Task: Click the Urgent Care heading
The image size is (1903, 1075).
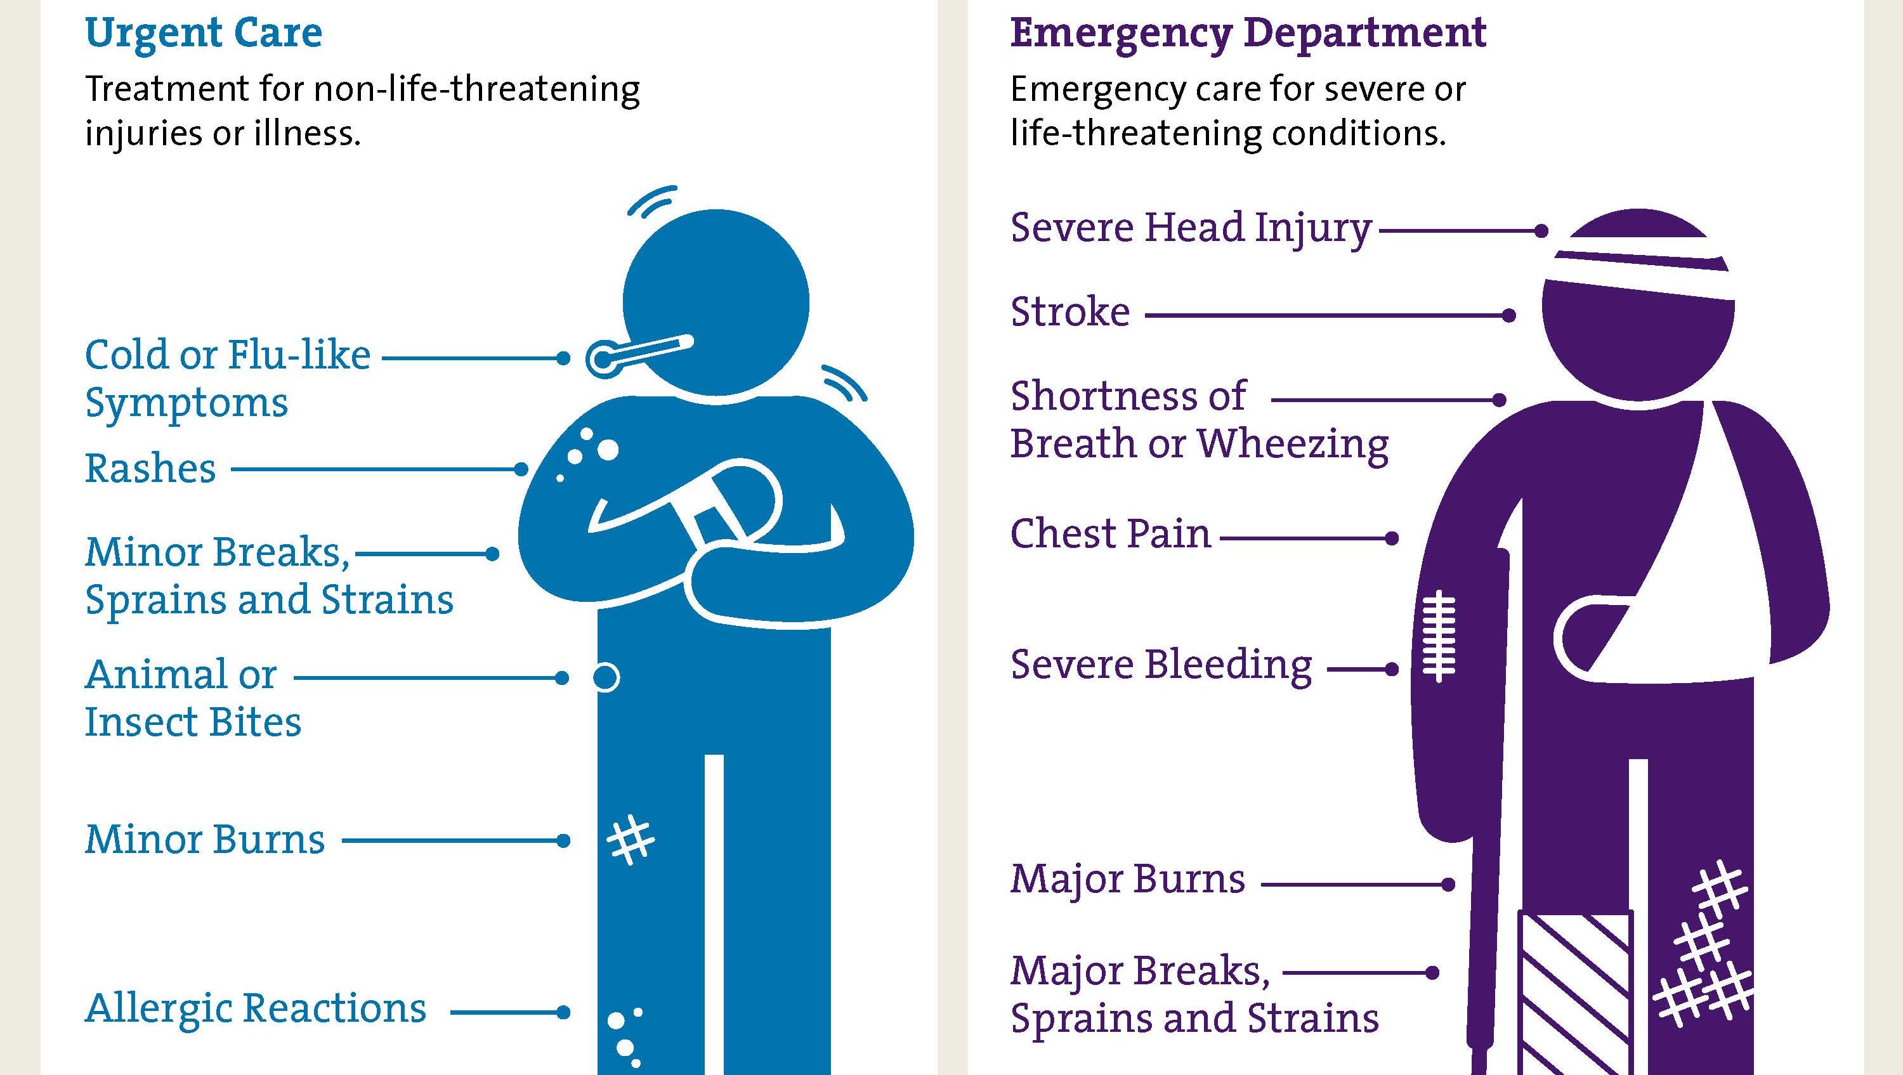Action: click(x=204, y=33)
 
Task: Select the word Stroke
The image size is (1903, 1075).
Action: click(x=1069, y=312)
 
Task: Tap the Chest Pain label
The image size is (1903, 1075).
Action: click(x=1110, y=533)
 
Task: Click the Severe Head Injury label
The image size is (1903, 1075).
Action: click(x=1191, y=228)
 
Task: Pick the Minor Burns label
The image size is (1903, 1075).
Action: click(x=205, y=839)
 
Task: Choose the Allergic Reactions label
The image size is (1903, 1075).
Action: click(x=256, y=1008)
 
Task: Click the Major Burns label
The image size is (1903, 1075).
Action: click(x=1127, y=879)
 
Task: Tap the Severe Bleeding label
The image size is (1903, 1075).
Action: click(x=1161, y=665)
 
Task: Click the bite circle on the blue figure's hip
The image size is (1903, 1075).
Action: click(x=606, y=677)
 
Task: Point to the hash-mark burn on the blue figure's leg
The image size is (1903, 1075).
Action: click(x=630, y=840)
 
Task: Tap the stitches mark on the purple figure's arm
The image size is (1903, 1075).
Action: click(x=1438, y=635)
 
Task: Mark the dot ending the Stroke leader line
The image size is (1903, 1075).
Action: click(x=1509, y=315)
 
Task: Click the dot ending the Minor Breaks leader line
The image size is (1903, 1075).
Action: click(x=492, y=554)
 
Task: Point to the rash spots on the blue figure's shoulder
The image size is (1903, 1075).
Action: click(x=589, y=452)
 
